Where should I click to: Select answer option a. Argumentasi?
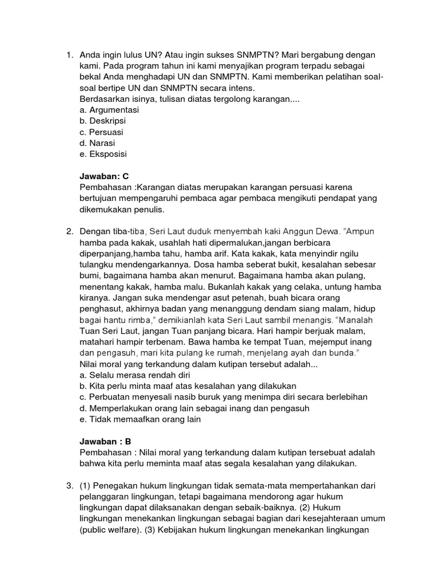tap(108, 110)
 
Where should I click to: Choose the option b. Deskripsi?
tap(103, 121)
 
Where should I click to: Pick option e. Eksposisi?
tap(103, 155)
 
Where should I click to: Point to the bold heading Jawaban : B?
tap(106, 441)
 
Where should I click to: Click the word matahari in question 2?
tap(99, 342)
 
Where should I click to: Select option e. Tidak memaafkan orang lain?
tap(141, 419)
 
